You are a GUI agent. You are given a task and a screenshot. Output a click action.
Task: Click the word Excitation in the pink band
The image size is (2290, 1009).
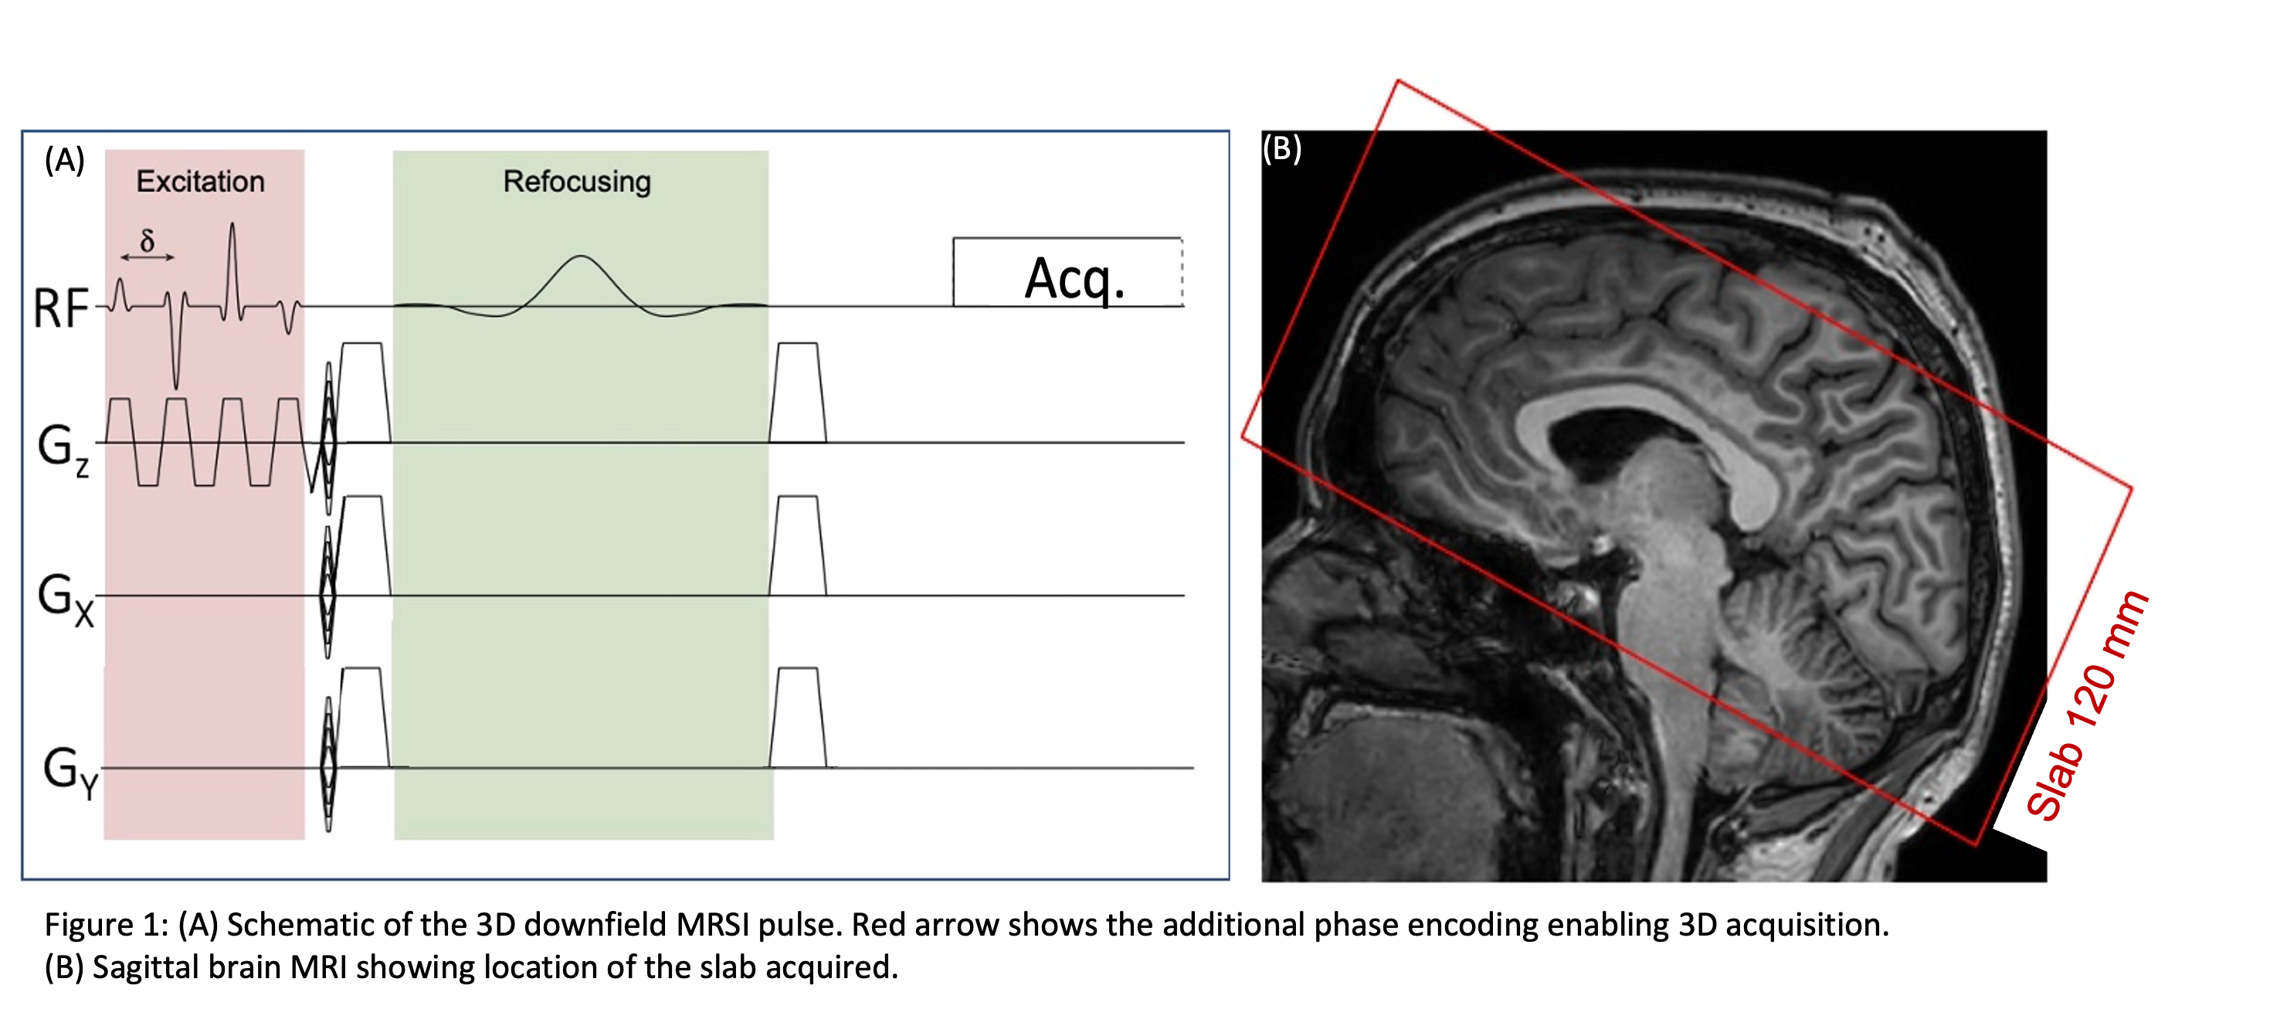pos(200,182)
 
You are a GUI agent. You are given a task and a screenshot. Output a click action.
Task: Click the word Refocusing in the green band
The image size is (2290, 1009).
pos(577,182)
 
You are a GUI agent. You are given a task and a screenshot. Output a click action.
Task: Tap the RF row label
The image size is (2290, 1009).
pos(60,308)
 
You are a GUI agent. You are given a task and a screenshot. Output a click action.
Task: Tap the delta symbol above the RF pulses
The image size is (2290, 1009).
pos(148,240)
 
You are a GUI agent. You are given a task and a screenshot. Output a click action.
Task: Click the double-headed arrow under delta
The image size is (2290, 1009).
pos(148,257)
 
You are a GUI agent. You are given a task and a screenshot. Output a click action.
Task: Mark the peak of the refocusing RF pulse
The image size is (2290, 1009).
pos(581,257)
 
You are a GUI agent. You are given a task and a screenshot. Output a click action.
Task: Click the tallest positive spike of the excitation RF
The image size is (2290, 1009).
pos(232,226)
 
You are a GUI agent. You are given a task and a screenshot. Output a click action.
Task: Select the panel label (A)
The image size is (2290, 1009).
pos(65,160)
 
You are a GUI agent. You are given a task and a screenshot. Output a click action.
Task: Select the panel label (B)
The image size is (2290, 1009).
pos(1282,148)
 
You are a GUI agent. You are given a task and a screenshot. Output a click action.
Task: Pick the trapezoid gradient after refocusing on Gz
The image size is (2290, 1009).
pos(797,392)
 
